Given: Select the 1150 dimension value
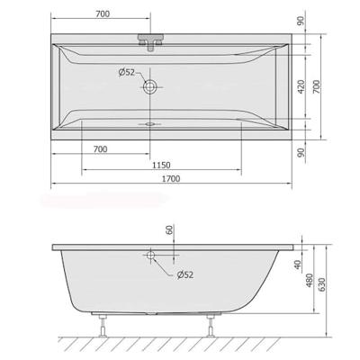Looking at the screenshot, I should [161, 163].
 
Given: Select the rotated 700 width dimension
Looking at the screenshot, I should [343, 86].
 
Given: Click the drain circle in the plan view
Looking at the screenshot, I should [149, 88].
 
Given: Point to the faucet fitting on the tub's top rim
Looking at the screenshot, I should [149, 41].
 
